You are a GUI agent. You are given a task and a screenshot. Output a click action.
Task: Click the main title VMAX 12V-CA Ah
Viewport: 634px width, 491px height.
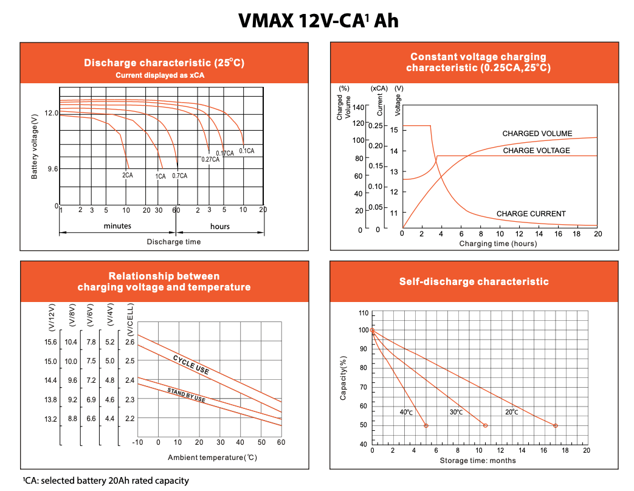click(318, 21)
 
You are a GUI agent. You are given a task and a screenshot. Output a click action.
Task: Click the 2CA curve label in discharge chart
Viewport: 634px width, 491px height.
click(128, 176)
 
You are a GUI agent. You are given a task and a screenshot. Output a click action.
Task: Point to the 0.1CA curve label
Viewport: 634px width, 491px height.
click(247, 151)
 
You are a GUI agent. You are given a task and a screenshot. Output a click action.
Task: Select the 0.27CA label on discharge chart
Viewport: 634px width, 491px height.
click(210, 159)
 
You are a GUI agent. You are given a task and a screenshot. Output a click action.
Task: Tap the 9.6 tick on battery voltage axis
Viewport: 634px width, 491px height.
click(52, 169)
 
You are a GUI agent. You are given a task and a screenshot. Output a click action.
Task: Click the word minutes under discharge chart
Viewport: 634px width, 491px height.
click(117, 226)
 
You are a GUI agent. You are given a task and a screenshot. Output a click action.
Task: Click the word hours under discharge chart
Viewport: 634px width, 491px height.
click(220, 226)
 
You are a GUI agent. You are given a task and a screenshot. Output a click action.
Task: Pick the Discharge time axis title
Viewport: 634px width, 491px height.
click(174, 242)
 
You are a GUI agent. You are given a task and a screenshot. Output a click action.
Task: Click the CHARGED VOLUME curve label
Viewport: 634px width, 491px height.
click(537, 134)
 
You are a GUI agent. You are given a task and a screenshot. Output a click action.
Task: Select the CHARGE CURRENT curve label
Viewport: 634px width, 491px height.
click(531, 214)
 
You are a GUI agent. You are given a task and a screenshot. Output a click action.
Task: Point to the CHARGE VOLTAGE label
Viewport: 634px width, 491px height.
click(536, 151)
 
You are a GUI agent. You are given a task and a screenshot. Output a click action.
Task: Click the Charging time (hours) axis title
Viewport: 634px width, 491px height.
click(498, 244)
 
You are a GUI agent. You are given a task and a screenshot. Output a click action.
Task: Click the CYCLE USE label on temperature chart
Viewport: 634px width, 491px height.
click(191, 364)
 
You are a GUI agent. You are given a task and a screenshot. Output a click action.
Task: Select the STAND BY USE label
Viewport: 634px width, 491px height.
click(186, 394)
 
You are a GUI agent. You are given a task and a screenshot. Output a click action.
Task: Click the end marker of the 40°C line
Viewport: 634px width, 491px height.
click(426, 425)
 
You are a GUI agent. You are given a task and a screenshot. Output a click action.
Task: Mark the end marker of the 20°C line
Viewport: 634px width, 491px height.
click(556, 425)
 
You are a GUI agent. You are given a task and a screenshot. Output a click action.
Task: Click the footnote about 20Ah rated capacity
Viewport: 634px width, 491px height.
click(106, 481)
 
